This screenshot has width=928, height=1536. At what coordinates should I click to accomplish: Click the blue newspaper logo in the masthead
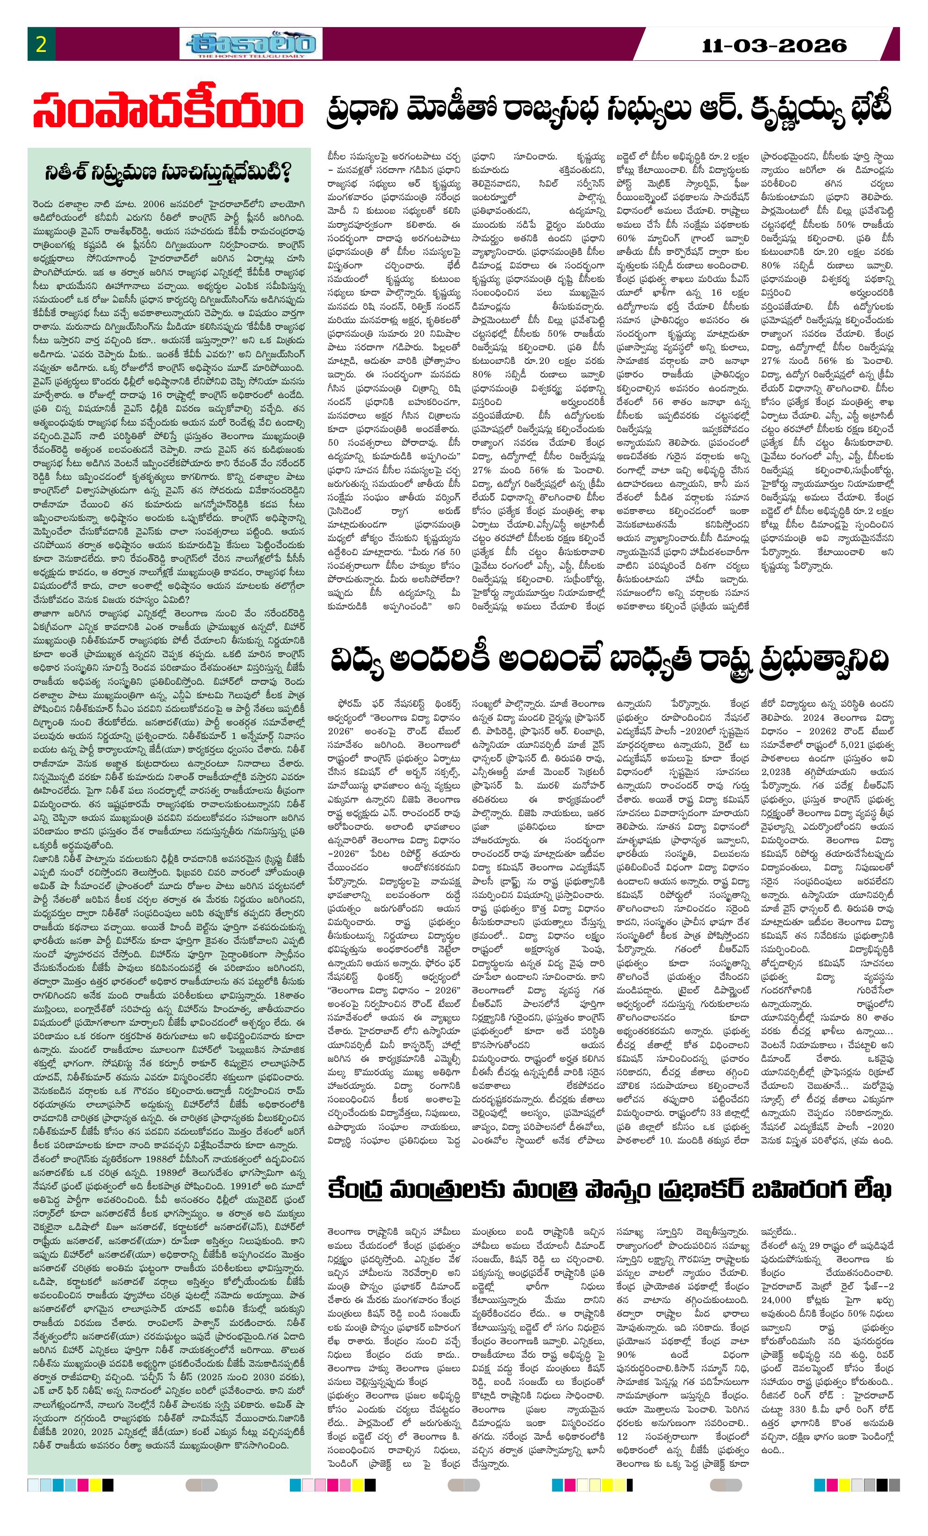251,43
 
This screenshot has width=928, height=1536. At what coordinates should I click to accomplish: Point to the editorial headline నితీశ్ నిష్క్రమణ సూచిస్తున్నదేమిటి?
168,173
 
